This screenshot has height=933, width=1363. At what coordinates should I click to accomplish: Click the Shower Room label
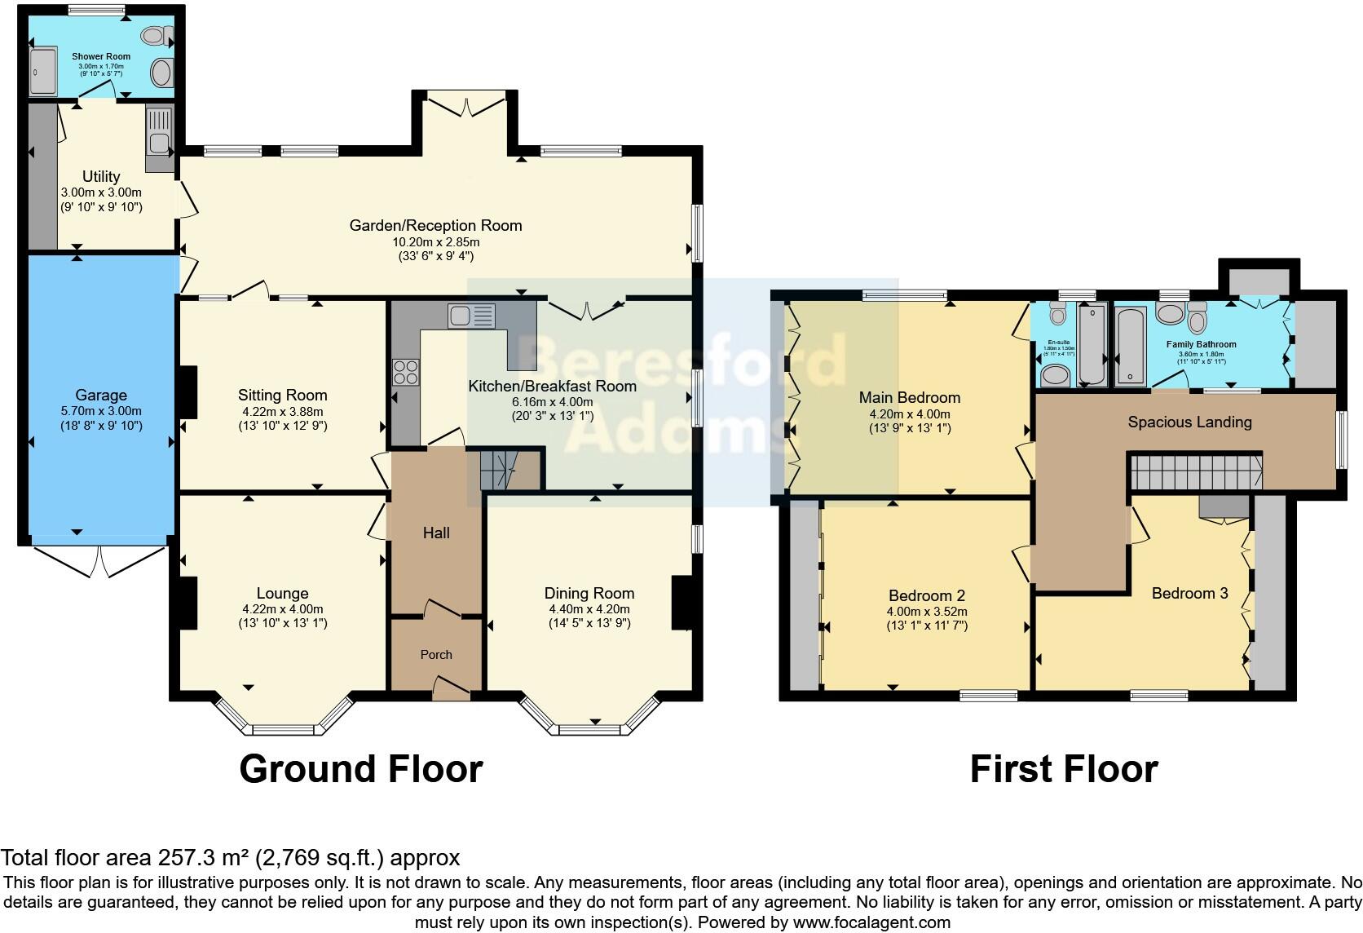[x=101, y=56]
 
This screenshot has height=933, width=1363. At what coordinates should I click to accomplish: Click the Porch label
[x=436, y=654]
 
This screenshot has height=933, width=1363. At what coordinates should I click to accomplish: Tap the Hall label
[x=436, y=533]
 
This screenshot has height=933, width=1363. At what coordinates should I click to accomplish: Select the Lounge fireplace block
[x=187, y=603]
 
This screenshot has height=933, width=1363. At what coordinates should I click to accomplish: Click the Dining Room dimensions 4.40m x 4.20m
[x=589, y=609]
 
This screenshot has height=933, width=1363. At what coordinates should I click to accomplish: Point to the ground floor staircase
[x=498, y=471]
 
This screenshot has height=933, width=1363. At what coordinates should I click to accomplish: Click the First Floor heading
[x=1063, y=769]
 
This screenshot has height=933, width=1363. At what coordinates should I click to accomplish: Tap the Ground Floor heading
[x=361, y=769]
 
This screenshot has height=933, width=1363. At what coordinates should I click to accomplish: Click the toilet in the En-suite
[x=1057, y=313]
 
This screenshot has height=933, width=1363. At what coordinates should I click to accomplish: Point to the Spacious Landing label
[x=1189, y=422]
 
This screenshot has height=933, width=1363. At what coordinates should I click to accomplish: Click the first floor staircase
[x=1196, y=472]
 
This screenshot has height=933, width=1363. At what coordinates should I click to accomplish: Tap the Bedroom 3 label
[x=1189, y=593]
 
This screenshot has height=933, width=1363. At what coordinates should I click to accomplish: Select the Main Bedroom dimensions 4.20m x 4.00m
[x=910, y=413]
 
